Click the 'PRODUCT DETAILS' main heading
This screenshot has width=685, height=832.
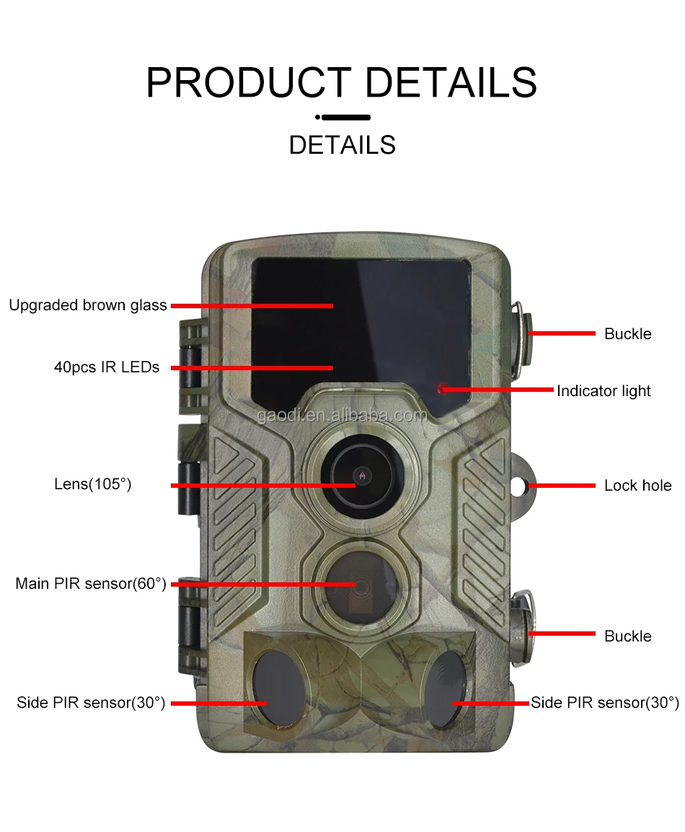pos(342,82)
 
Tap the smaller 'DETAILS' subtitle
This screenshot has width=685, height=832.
pos(342,145)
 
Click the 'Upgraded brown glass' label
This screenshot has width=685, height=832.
pos(87,305)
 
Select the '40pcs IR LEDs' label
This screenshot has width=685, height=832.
pos(107,367)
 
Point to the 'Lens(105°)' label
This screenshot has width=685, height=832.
pos(93,484)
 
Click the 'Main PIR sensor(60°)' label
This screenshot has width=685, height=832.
pos(91,583)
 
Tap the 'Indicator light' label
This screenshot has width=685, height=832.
pos(604,391)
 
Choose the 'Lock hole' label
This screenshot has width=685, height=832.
pos(637,486)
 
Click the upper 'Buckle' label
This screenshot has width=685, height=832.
pos(627,334)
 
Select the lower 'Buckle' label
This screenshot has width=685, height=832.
pos(627,636)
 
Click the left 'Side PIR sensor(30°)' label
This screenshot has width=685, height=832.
pos(91,702)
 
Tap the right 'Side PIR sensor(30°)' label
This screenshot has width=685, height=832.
pos(604,702)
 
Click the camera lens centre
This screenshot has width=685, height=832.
pos(361,476)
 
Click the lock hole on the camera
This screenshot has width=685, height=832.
pos(520,486)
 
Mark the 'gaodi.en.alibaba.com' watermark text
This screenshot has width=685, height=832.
pos(341,416)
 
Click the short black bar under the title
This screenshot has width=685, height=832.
pos(345,117)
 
